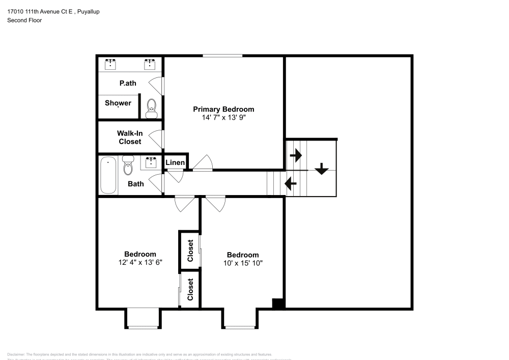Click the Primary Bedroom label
click(223, 109)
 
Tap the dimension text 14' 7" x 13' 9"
click(223, 118)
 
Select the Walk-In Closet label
click(130, 137)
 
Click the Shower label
click(118, 103)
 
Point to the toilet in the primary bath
click(152, 107)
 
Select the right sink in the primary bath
click(150, 64)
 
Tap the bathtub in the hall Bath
click(108, 175)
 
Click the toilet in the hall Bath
click(128, 165)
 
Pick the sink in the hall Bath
click(151, 162)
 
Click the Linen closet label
click(175, 162)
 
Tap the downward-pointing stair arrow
click(321, 169)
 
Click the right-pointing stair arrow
click(295, 154)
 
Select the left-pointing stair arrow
click(291, 182)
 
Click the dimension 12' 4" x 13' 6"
click(140, 263)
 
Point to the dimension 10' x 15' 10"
click(243, 263)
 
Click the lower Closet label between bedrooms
click(190, 289)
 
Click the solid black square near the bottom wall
click(278, 303)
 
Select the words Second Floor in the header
click(24, 20)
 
